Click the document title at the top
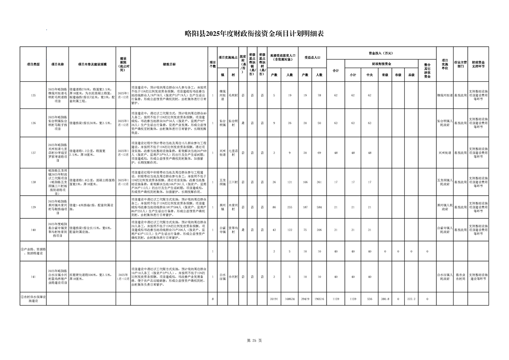click(254, 33)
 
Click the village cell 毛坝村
click(233, 95)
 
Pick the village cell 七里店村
click(233, 153)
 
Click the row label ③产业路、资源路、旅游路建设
click(34, 251)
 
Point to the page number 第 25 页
click(254, 340)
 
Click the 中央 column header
click(369, 75)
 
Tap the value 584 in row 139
click(319, 207)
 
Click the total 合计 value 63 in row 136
click(336, 123)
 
